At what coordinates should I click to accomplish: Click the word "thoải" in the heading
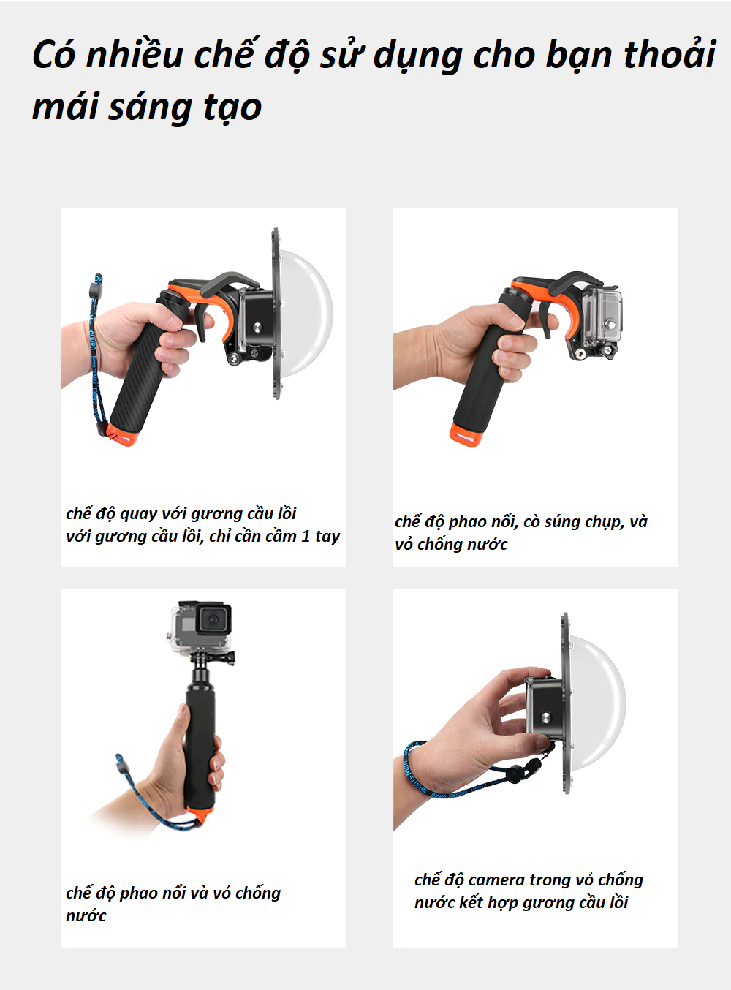pos(670,55)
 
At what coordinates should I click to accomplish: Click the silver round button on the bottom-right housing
pos(545,718)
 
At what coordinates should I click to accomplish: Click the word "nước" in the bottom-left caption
pos(86,916)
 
